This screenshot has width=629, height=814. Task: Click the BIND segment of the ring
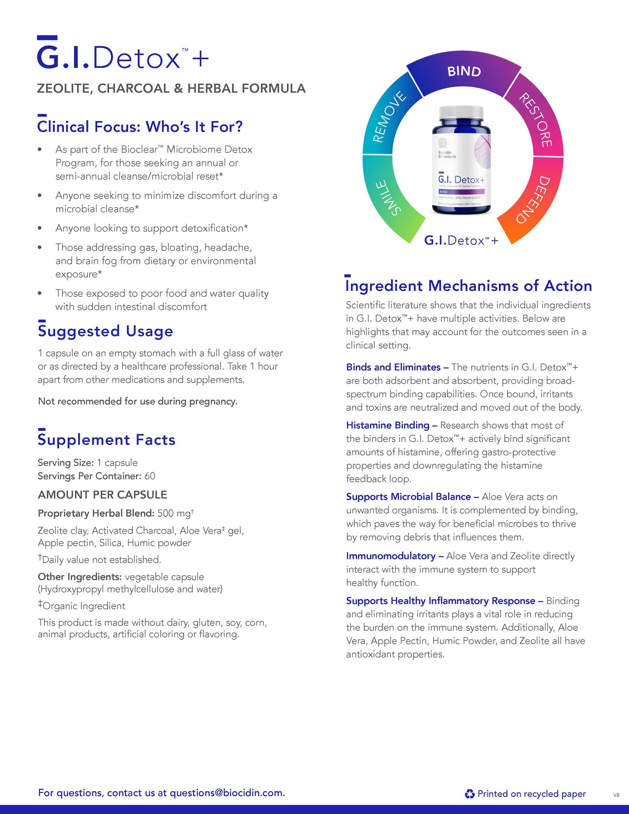click(464, 72)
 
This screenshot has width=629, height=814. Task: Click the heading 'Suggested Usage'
click(105, 331)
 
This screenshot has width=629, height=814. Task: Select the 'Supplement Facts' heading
click(107, 440)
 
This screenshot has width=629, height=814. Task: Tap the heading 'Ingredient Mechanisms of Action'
click(469, 286)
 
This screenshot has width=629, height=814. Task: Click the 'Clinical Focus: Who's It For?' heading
click(140, 127)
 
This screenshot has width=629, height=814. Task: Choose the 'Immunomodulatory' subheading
click(391, 556)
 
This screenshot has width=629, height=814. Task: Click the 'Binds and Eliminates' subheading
click(394, 367)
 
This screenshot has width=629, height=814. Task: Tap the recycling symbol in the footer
click(470, 794)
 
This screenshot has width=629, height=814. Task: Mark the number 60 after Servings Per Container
click(150, 476)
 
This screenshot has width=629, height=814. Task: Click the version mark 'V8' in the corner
click(616, 795)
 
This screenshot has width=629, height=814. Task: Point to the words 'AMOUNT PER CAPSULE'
click(103, 495)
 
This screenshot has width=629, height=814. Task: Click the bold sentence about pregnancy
click(138, 401)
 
